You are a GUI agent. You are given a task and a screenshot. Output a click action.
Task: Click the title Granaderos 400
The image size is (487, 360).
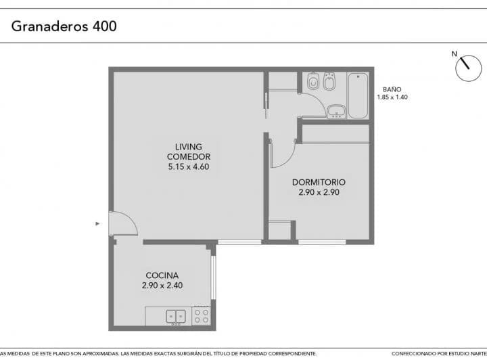(x=64, y=26)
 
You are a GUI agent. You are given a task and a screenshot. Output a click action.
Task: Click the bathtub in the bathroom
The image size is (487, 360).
(x=358, y=95)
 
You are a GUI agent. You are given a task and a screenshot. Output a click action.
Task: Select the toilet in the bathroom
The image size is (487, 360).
(x=313, y=81)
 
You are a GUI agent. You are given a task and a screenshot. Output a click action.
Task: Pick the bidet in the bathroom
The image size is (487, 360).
(x=329, y=81)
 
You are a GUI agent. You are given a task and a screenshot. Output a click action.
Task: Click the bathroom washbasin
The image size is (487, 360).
(x=337, y=112)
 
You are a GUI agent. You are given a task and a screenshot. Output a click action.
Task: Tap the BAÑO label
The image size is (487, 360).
(x=392, y=89)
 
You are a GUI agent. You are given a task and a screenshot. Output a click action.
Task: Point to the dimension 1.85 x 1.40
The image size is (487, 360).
(x=392, y=97)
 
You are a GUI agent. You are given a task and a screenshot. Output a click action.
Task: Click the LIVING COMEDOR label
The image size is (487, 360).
(x=189, y=152)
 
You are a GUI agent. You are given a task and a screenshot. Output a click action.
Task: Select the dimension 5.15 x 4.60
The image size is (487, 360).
(x=189, y=166)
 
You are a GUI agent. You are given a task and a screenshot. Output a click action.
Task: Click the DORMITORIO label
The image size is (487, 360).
(x=319, y=182)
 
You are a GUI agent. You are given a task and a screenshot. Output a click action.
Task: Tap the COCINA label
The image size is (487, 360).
(x=162, y=275)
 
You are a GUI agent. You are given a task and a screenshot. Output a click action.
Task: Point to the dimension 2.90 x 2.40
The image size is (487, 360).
(x=162, y=286)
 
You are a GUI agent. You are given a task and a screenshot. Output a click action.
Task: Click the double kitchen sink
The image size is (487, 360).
(x=176, y=317)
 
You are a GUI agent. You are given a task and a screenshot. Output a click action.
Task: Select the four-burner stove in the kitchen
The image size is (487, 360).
(x=202, y=316)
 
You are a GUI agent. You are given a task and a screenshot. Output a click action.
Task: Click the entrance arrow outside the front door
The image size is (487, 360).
(x=97, y=223)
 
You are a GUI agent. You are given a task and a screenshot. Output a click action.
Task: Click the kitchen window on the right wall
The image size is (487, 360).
(x=213, y=277)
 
